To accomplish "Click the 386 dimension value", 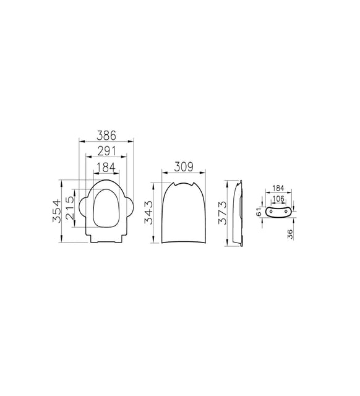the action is (x=106, y=136).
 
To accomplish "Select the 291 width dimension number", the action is (x=106, y=151).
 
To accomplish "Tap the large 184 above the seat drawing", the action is (x=106, y=167).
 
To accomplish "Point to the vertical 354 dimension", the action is (x=56, y=211).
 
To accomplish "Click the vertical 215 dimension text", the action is (x=70, y=208).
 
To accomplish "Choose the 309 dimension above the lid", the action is (x=184, y=166).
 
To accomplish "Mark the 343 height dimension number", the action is (x=148, y=212).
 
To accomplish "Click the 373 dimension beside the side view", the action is (x=223, y=213).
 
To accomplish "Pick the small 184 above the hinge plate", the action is (x=278, y=188).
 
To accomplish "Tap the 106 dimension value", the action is (x=278, y=199).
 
